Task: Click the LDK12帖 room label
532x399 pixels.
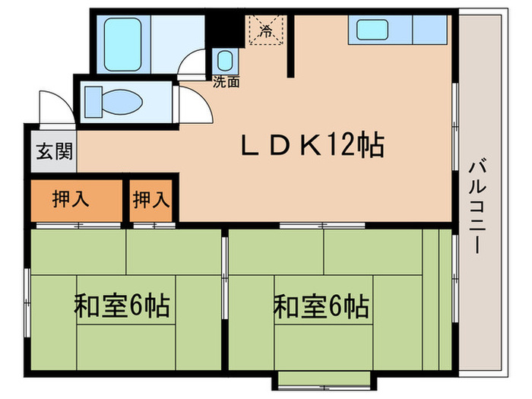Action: click(x=312, y=145)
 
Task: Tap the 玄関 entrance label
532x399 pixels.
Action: click(x=53, y=150)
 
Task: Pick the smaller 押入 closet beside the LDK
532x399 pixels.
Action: click(x=152, y=200)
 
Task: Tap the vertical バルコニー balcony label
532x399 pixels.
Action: click(x=477, y=205)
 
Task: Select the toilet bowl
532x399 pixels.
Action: click(x=122, y=100)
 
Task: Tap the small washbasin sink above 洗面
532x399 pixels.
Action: click(x=224, y=60)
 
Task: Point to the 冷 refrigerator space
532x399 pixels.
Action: click(x=266, y=31)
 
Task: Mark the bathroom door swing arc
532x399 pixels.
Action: click(x=193, y=62)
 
